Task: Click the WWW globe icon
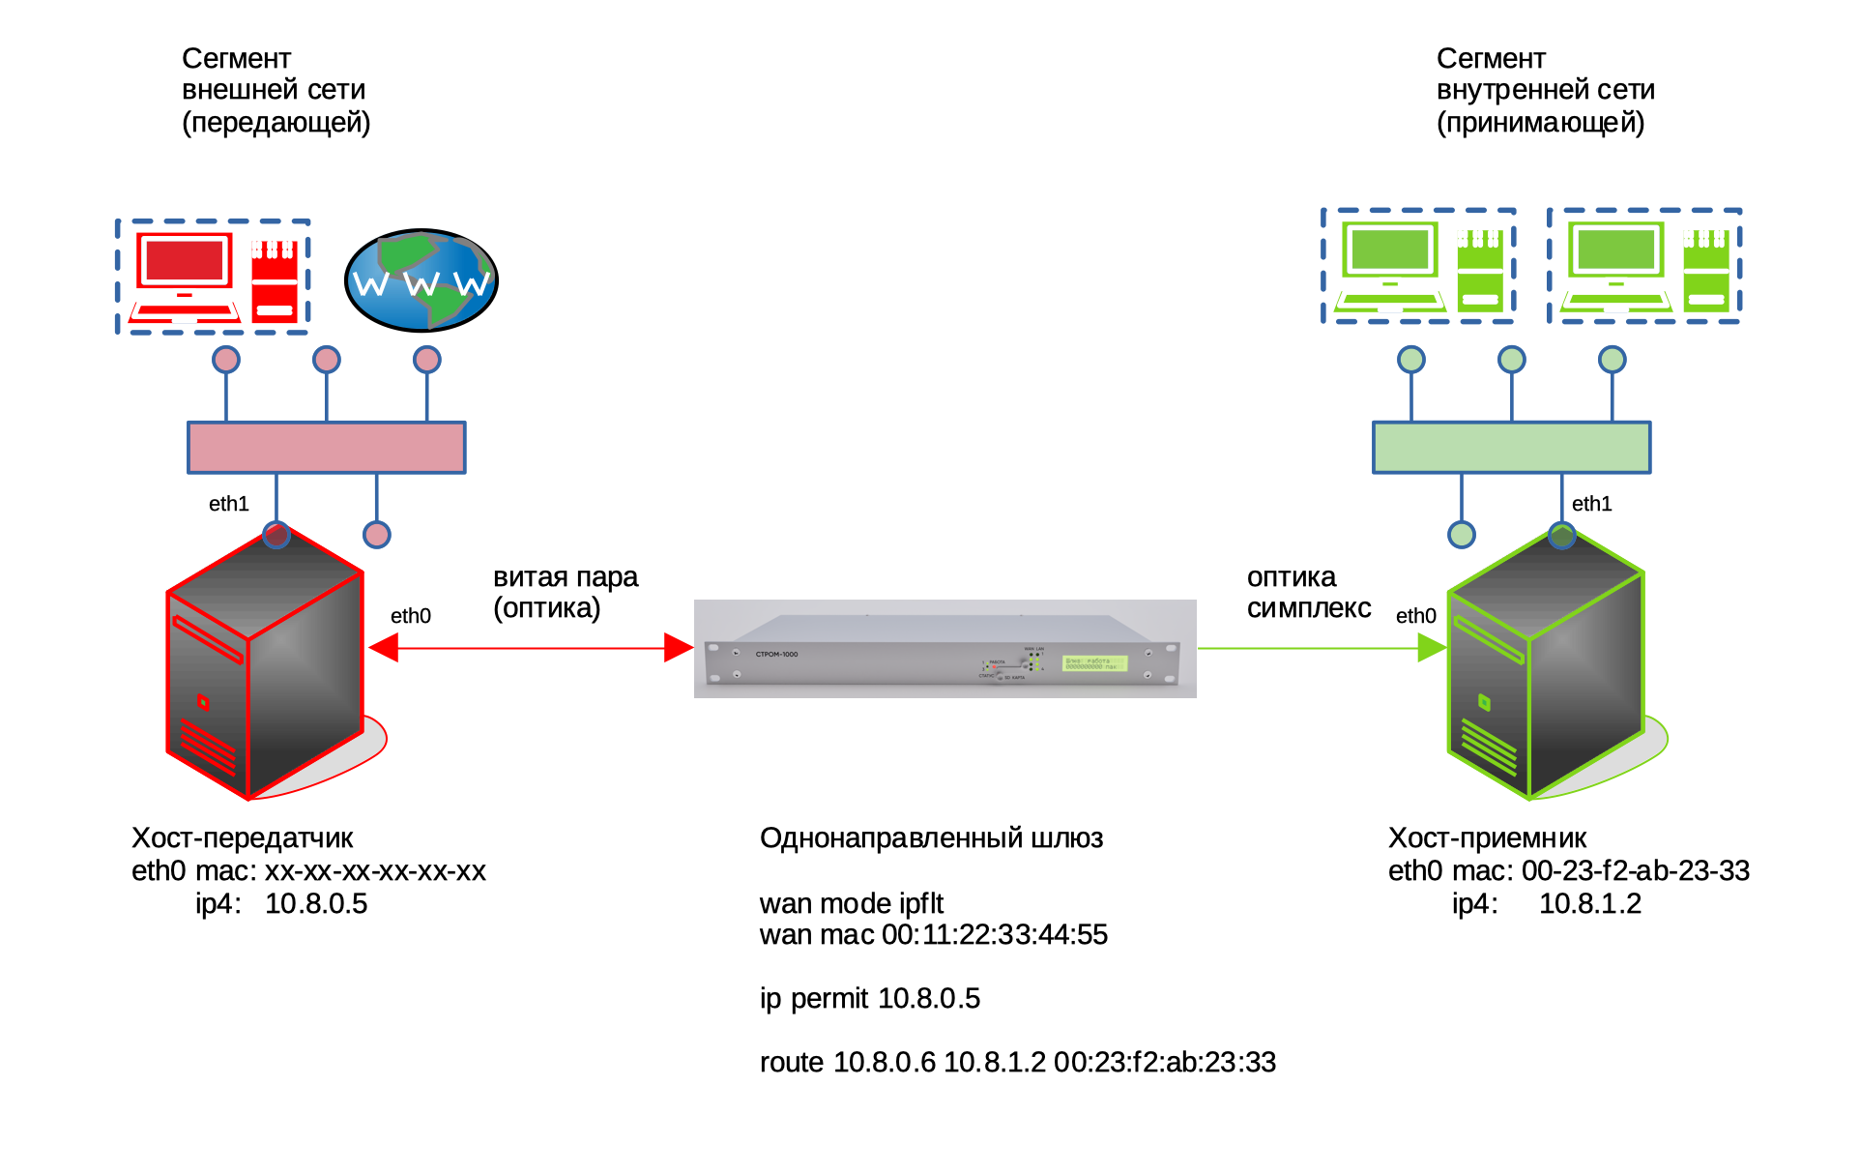(x=421, y=280)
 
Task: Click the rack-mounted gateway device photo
(x=945, y=649)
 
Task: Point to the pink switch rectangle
(x=327, y=448)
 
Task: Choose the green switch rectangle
(x=1511, y=448)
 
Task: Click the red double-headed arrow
(x=531, y=648)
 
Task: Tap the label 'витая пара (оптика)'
(x=566, y=592)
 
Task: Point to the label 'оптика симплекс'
(x=1308, y=592)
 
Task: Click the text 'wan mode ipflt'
(x=851, y=903)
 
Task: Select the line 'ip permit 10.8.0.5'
(x=869, y=998)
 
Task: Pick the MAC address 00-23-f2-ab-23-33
(x=1635, y=871)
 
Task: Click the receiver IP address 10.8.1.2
(x=1589, y=904)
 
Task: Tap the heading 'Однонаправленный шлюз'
(x=931, y=838)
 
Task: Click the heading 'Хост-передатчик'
(x=242, y=838)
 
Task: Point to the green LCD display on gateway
(x=1094, y=663)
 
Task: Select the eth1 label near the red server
(x=229, y=504)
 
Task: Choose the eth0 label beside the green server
(x=1415, y=616)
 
